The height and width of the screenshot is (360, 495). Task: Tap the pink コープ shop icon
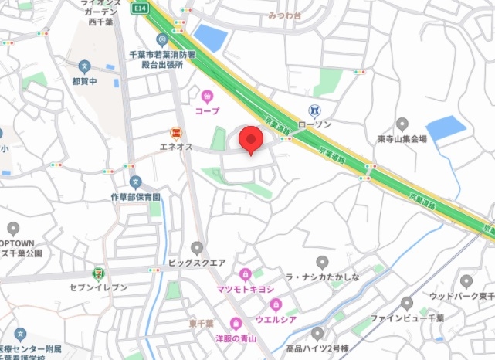click(207, 97)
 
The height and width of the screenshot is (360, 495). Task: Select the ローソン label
click(314, 124)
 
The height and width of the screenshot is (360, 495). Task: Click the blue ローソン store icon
click(314, 110)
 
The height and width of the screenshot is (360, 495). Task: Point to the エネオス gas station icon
click(176, 133)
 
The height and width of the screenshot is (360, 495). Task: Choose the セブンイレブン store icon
click(98, 273)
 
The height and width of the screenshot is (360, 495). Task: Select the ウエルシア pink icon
click(276, 303)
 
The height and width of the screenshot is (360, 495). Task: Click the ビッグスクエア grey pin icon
click(198, 248)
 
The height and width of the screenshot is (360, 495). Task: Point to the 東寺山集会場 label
click(402, 139)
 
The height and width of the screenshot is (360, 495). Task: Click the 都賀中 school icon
click(85, 66)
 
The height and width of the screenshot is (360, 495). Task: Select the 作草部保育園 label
click(135, 197)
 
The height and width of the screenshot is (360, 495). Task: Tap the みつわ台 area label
click(286, 15)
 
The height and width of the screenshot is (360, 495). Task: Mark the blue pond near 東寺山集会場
click(446, 127)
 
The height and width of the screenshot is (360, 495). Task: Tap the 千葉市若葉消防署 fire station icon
click(162, 39)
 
